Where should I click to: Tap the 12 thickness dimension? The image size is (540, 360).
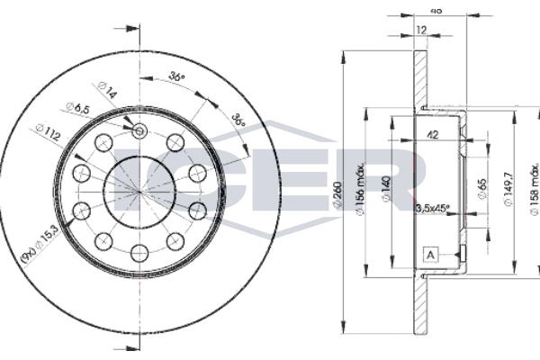pyautogui.click(x=420, y=30)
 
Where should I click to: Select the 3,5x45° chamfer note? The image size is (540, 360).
pyautogui.click(x=433, y=211)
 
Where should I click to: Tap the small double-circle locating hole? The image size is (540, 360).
pyautogui.click(x=139, y=133)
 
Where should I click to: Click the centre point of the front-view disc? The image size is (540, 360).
pyautogui.click(x=139, y=191)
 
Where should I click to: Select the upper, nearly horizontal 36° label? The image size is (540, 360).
pyautogui.click(x=176, y=78)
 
